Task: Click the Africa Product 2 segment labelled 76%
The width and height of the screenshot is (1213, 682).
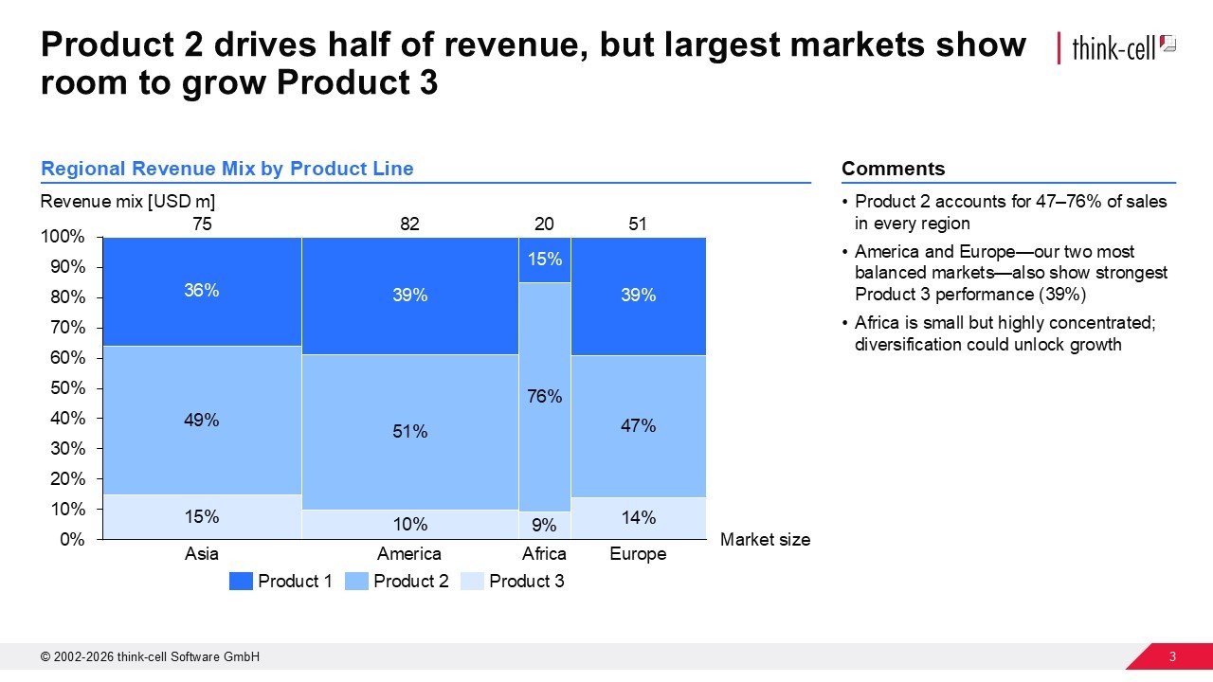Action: pyautogui.click(x=544, y=397)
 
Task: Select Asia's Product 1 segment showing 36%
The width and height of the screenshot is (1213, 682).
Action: pyautogui.click(x=202, y=291)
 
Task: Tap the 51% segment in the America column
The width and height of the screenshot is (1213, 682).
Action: pyautogui.click(x=409, y=432)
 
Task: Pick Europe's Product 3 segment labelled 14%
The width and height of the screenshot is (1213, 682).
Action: pyautogui.click(x=638, y=518)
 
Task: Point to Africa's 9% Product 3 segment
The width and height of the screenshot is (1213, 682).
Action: pyautogui.click(x=544, y=525)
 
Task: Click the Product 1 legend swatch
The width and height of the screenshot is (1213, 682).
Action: pyautogui.click(x=241, y=582)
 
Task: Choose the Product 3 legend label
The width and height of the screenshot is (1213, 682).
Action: pyautogui.click(x=526, y=582)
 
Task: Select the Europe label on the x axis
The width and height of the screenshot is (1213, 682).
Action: pyautogui.click(x=638, y=554)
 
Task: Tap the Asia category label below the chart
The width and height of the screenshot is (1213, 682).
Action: pyautogui.click(x=202, y=554)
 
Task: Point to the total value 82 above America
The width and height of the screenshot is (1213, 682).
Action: pyautogui.click(x=409, y=224)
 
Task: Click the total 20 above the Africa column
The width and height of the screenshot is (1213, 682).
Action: pyautogui.click(x=544, y=224)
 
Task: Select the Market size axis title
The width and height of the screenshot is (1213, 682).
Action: pyautogui.click(x=765, y=540)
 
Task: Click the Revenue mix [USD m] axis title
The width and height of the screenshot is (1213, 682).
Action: pyautogui.click(x=128, y=202)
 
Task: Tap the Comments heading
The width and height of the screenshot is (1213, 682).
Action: pyautogui.click(x=893, y=169)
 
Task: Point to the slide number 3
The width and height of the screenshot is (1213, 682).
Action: pyautogui.click(x=1172, y=657)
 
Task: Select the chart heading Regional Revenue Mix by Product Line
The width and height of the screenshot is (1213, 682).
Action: pyautogui.click(x=227, y=169)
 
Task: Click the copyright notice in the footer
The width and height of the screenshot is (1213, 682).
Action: pyautogui.click(x=150, y=657)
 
